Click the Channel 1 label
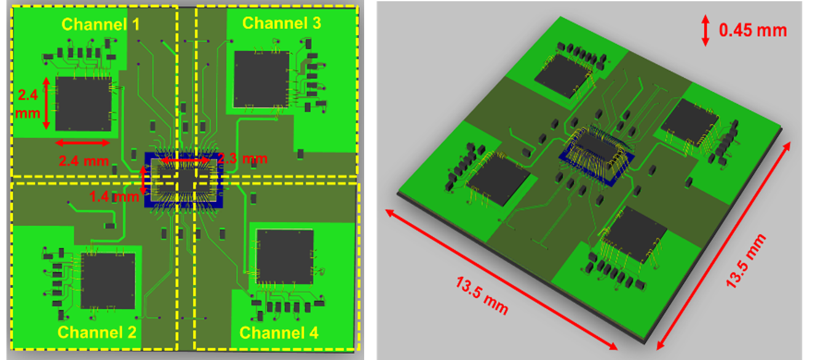pyautogui.click(x=101, y=25)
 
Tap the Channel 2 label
pyautogui.click(x=97, y=332)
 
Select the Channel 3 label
pyautogui.click(x=282, y=23)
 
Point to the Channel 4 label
pyautogui.click(x=279, y=333)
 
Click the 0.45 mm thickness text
pyautogui.click(x=753, y=30)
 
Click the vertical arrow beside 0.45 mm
pyautogui.click(x=706, y=31)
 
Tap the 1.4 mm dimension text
pyautogui.click(x=114, y=196)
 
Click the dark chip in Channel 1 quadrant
pyautogui.click(x=84, y=103)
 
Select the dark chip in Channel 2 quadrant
pyautogui.click(x=108, y=281)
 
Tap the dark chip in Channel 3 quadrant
pyautogui.click(x=261, y=79)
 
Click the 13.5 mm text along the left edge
pyautogui.click(x=482, y=296)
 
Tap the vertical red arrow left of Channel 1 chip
pyautogui.click(x=46, y=103)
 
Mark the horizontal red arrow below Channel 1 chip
pyautogui.click(x=82, y=143)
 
